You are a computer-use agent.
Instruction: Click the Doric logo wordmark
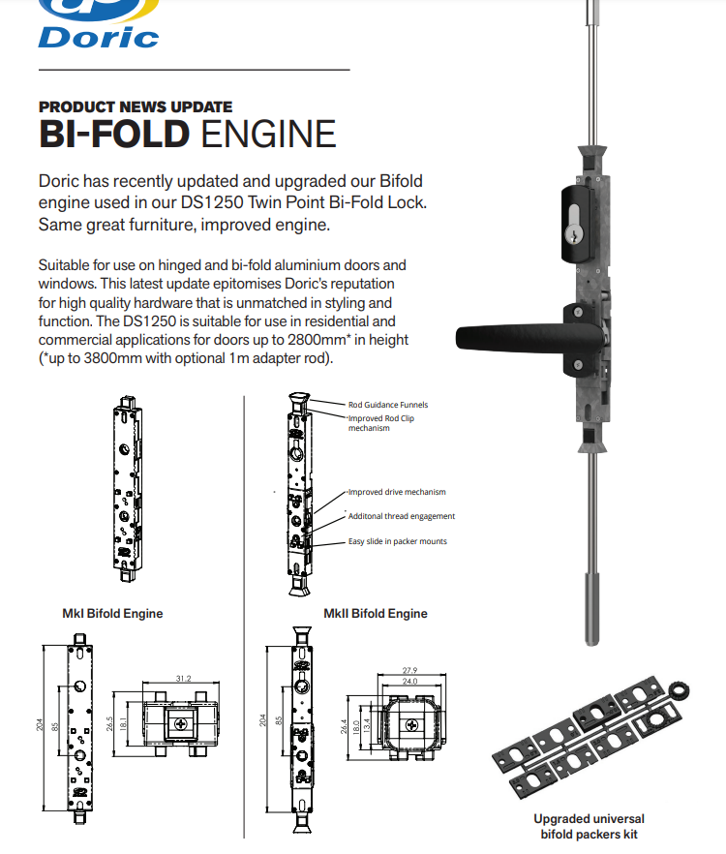[x=98, y=36]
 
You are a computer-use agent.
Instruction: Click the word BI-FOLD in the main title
[x=113, y=134]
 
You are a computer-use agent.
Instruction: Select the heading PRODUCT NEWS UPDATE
[x=136, y=107]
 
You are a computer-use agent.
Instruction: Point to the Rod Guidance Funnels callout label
[x=387, y=405]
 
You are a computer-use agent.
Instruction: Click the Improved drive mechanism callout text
[x=397, y=493]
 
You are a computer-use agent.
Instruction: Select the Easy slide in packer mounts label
[x=398, y=541]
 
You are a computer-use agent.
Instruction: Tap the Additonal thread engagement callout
[x=401, y=517]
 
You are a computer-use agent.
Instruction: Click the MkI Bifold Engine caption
[x=112, y=613]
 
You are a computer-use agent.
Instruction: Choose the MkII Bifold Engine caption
[x=375, y=613]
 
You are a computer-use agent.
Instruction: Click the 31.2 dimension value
[x=182, y=679]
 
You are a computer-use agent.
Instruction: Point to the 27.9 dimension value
[x=409, y=670]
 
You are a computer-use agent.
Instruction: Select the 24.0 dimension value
[x=409, y=682]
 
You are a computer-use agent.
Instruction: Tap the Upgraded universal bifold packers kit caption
[x=589, y=826]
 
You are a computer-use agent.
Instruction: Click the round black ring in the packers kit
[x=678, y=691]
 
